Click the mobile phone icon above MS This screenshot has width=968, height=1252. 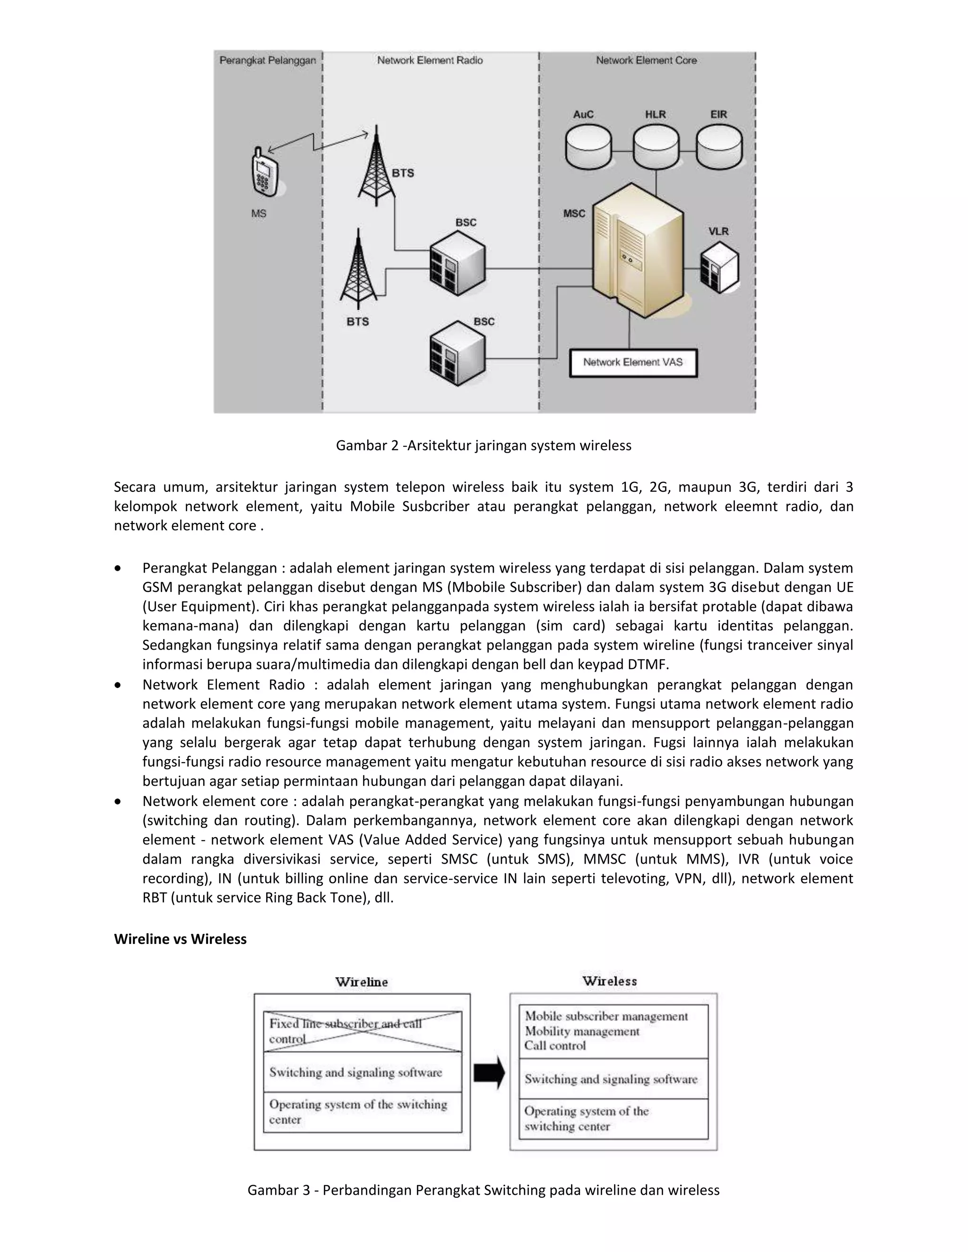[264, 172]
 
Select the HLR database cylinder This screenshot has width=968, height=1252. [656, 147]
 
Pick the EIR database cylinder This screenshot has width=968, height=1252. [719, 147]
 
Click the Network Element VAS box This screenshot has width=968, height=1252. [633, 362]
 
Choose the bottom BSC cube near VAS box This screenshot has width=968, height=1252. [457, 353]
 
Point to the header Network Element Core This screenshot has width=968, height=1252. [646, 60]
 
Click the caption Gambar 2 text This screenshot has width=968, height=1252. [484, 446]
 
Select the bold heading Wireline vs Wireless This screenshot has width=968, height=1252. [180, 939]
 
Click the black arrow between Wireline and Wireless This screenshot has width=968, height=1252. [489, 1072]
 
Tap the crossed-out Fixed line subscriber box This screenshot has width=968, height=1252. [363, 1031]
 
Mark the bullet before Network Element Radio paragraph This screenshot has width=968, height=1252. [118, 685]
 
